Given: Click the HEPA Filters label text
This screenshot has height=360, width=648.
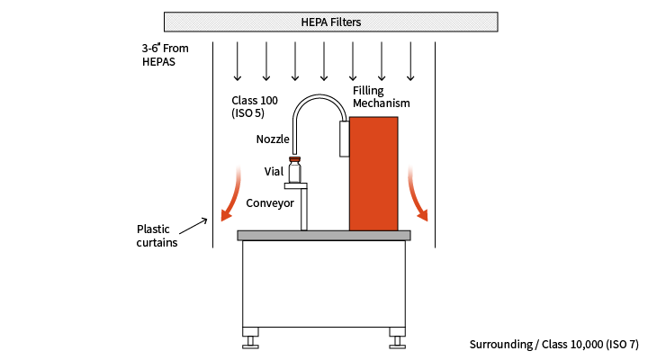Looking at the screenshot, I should pos(330,22).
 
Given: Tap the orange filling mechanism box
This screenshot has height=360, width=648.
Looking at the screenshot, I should pos(373,173).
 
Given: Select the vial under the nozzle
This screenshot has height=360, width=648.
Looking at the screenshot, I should pos(294,171).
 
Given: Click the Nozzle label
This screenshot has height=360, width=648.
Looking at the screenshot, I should pos(273,139).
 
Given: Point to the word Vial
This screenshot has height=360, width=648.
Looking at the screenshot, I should pos(274,171).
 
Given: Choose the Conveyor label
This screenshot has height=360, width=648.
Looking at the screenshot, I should pos(270,203).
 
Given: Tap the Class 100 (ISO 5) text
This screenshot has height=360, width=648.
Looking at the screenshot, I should pos(254,105).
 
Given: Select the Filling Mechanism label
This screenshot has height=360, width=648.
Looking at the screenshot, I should pos(381,96).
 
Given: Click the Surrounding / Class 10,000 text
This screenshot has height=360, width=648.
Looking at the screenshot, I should pos(553,345).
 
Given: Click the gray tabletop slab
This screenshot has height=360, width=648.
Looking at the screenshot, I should pos(324,235).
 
